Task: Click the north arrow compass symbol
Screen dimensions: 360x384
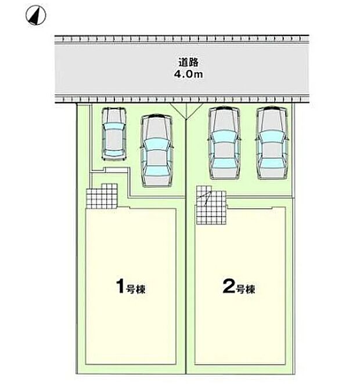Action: pyautogui.click(x=36, y=15)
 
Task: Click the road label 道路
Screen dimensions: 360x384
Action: pyautogui.click(x=188, y=63)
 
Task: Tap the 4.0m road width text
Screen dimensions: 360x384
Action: pyautogui.click(x=188, y=74)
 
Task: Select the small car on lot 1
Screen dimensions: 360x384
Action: pyautogui.click(x=114, y=134)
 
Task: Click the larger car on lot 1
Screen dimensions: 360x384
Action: pyautogui.click(x=157, y=151)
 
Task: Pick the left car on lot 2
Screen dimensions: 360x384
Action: pyautogui.click(x=224, y=143)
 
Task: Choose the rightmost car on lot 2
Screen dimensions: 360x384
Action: pyautogui.click(x=272, y=143)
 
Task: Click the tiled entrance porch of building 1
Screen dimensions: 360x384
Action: pyautogui.click(x=102, y=196)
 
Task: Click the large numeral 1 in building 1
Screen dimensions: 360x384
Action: pyautogui.click(x=120, y=286)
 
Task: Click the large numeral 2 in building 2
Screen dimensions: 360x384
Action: pyautogui.click(x=228, y=286)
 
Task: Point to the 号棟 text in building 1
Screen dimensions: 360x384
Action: pyautogui.click(x=135, y=289)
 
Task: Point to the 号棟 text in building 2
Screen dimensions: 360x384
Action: pyautogui.click(x=245, y=289)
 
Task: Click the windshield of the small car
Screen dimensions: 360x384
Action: pyautogui.click(x=114, y=126)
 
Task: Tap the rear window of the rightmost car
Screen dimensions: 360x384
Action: pyautogui.click(x=272, y=164)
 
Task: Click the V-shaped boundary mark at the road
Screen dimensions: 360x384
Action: pyautogui.click(x=186, y=111)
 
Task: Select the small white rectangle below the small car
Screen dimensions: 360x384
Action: pyautogui.click(x=116, y=170)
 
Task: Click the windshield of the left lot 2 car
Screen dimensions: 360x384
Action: pyautogui.click(x=224, y=136)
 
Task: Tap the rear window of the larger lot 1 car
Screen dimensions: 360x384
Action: pyautogui.click(x=157, y=172)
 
